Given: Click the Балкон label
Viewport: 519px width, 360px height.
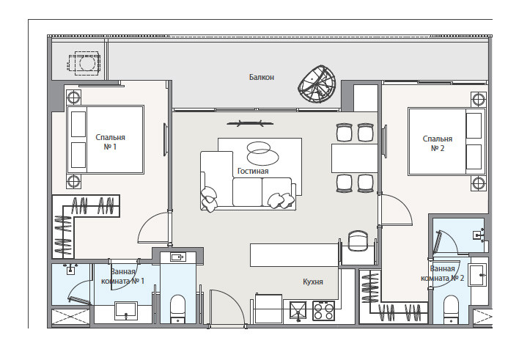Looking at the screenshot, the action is pos(262,77).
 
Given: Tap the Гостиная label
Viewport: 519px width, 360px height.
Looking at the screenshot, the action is pos(253,172).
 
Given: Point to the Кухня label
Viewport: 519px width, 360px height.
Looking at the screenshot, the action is pos(313,282).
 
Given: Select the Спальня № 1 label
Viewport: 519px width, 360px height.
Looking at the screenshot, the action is pos(110,142).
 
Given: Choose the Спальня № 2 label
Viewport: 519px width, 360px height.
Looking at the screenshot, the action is pos(437,144).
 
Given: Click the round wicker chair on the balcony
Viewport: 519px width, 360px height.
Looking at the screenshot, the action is pos(317,84).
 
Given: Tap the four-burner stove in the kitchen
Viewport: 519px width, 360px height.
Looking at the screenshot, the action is pos(323,311).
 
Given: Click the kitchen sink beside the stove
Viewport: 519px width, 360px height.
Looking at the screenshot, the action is pos(298,311).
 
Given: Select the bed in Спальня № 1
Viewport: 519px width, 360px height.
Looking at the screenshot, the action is pos(106,139).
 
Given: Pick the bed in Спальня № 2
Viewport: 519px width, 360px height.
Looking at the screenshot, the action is pos(446,142).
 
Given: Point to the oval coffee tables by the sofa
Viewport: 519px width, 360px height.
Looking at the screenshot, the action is pos(262,153).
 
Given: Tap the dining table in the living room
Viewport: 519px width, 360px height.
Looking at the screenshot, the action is pos(355,158).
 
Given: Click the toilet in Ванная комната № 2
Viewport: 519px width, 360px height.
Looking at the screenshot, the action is pos(451,309).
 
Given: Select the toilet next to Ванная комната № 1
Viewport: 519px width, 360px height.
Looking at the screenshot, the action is pos(177,309).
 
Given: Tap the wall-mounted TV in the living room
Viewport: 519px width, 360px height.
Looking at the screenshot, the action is pos(250,124).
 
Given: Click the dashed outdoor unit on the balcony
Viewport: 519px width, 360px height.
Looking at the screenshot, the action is pos(84,63).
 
